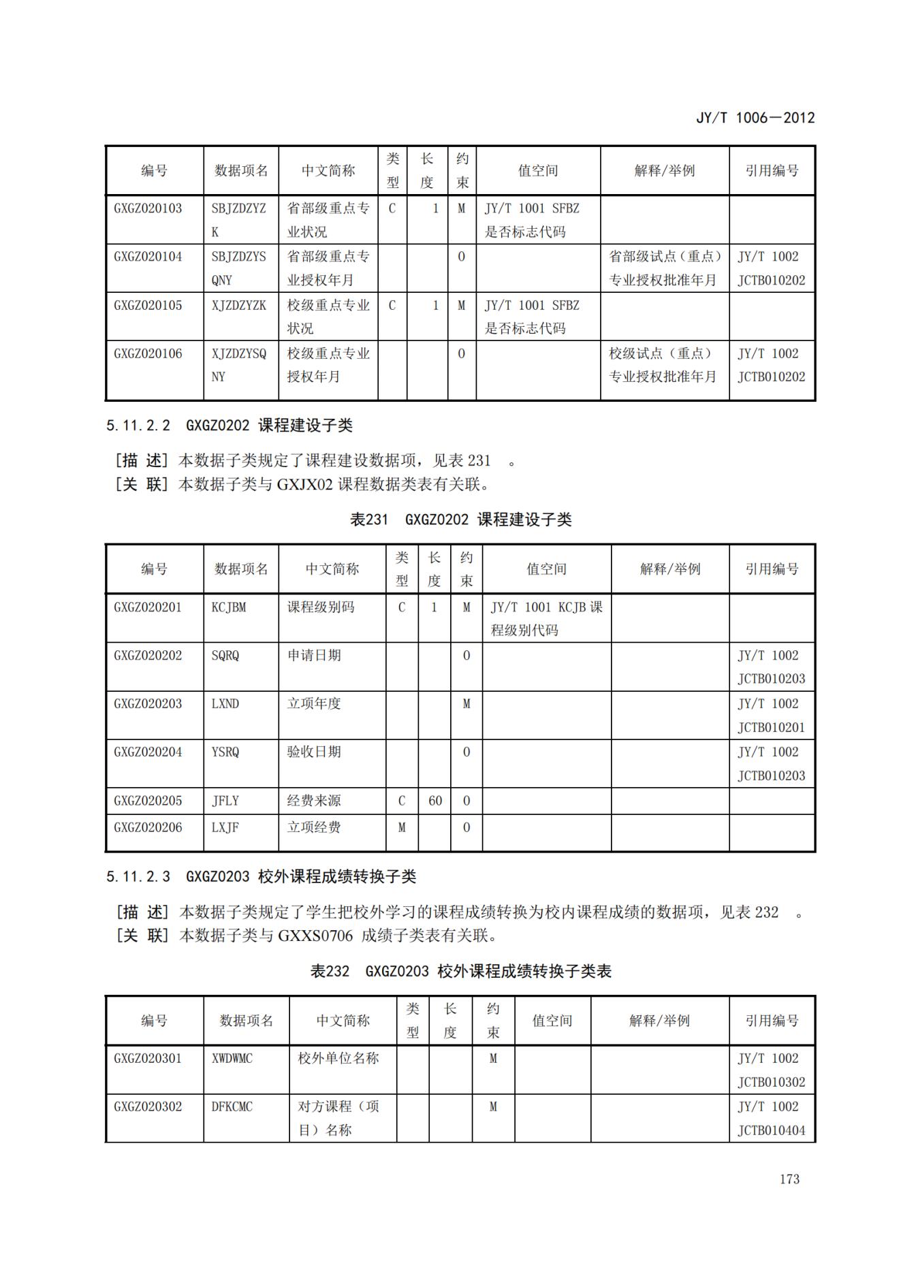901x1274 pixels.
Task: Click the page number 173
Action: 789,1179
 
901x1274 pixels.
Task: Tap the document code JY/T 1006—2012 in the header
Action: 755,118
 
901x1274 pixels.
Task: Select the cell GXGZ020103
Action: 148,208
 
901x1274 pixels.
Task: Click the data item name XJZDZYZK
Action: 238,305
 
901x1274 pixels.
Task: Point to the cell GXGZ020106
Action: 148,353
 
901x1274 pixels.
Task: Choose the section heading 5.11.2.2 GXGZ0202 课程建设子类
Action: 229,426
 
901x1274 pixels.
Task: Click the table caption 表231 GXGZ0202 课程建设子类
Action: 460,520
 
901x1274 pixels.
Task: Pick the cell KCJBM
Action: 229,607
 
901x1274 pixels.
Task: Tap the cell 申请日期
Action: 314,655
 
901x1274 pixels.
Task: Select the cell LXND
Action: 225,703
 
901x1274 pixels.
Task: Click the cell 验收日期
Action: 314,752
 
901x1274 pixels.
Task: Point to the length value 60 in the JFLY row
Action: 435,801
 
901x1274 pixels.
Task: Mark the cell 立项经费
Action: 314,827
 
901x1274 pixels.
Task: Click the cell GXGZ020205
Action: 148,801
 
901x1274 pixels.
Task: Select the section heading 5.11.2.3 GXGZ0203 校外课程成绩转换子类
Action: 261,876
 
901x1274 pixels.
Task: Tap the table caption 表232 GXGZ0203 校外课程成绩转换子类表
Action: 460,971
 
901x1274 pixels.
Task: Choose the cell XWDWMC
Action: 232,1058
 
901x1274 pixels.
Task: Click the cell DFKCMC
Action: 232,1106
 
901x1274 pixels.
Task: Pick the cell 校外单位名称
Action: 338,1058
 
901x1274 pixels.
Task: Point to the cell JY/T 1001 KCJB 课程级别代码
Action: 546,618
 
